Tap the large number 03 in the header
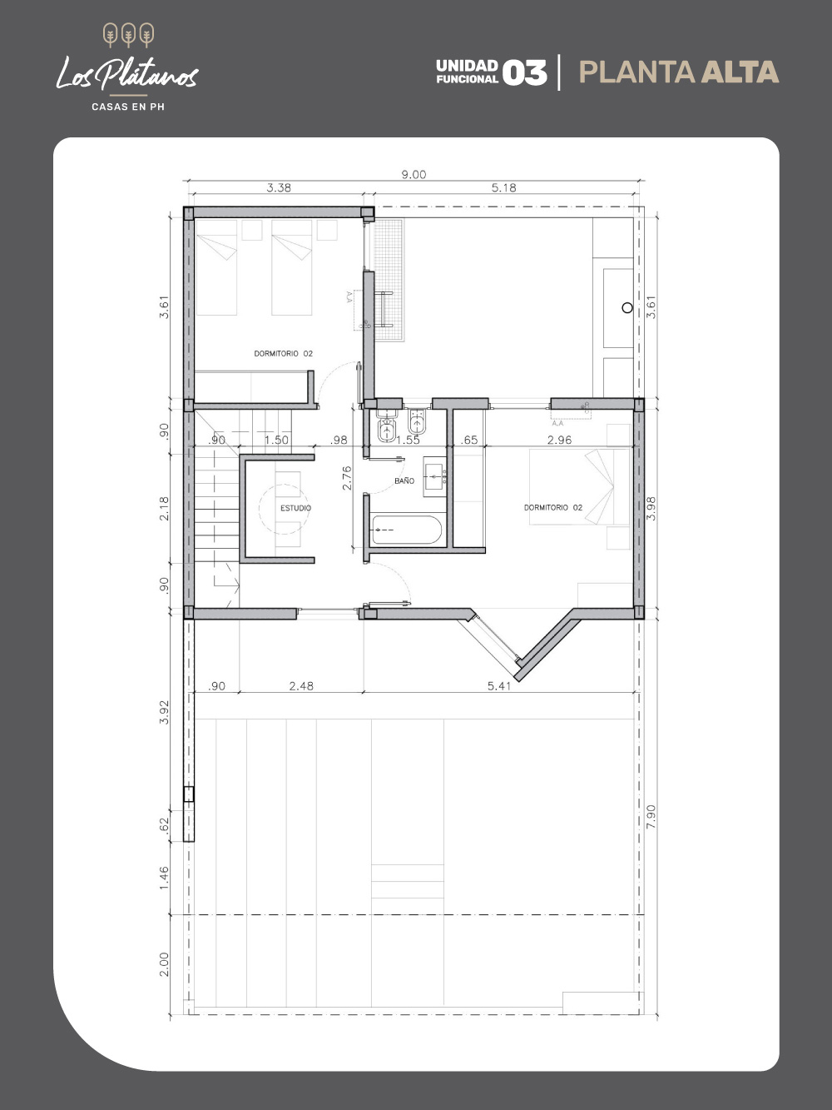coord(525,72)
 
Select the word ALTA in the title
coord(740,72)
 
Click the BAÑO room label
coord(404,481)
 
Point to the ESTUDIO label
coord(296,508)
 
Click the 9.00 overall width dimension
coord(414,175)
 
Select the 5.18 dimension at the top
coord(503,187)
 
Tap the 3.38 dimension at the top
coord(279,187)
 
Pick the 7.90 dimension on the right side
coord(651,816)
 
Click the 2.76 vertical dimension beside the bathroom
coord(347,478)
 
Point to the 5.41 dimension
coord(499,686)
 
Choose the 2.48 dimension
coord(301,686)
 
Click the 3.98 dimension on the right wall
coord(651,508)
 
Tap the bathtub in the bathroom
coord(407,530)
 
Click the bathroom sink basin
coord(434,477)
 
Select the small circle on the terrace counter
coord(626,307)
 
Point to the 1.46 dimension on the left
coord(164,879)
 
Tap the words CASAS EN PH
coord(128,107)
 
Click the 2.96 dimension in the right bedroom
coord(559,440)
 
